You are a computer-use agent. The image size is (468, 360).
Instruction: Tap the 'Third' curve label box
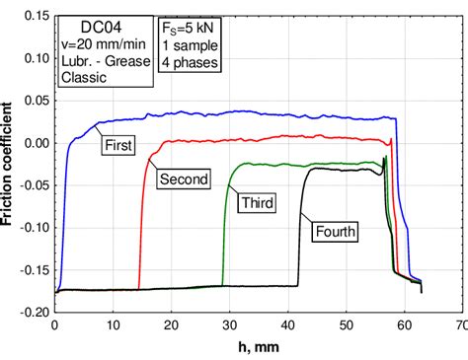click(255, 203)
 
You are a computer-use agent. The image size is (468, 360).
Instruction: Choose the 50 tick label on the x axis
click(345, 324)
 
